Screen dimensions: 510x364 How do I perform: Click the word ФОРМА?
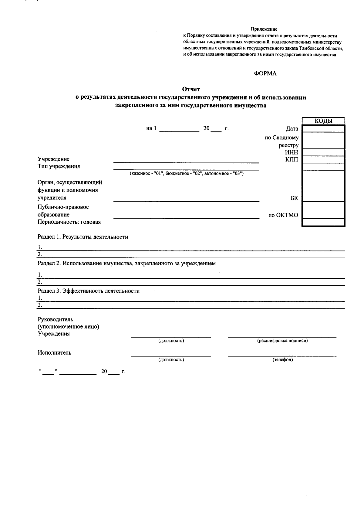tap(265, 73)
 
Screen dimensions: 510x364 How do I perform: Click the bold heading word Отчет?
tap(191, 89)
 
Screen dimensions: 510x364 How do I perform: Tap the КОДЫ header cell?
tap(323, 121)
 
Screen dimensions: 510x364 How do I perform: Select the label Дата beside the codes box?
tap(292, 129)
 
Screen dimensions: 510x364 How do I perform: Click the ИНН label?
tap(292, 152)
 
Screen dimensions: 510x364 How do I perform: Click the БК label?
tap(294, 198)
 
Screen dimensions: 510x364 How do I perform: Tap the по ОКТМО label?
tap(283, 215)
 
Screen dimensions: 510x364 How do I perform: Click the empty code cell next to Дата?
tap(323, 129)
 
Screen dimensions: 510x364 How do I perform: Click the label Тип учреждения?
tap(59, 166)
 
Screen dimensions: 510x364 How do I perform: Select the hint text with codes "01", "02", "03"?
tap(187, 174)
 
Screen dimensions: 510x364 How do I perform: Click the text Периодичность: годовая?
tap(69, 222)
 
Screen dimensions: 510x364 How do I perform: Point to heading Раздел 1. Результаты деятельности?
tap(83, 237)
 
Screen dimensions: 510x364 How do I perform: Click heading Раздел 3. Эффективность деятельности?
tap(89, 291)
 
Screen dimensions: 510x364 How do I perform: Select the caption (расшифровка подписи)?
tap(282, 341)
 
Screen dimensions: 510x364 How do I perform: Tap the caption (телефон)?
tap(282, 360)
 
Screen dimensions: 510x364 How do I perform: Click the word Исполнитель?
tap(55, 353)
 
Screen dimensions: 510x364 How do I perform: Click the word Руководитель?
tap(55, 319)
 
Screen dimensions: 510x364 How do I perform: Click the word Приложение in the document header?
tap(264, 29)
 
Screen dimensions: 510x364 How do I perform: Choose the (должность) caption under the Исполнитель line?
tap(171, 360)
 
